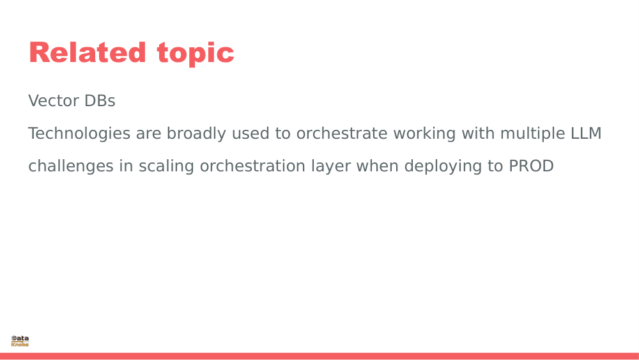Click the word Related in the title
(x=87, y=52)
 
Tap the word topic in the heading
(x=196, y=54)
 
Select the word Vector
(x=54, y=100)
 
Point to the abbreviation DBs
(x=100, y=100)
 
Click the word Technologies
(x=79, y=134)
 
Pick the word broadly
(x=196, y=134)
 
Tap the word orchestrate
(x=341, y=133)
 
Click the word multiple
(x=532, y=134)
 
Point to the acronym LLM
(x=585, y=133)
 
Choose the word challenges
(x=71, y=166)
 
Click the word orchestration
(x=252, y=166)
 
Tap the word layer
(x=331, y=166)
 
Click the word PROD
(x=531, y=166)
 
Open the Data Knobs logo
(x=20, y=341)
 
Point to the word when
(x=378, y=166)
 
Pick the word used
(x=250, y=133)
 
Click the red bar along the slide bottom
(x=319, y=356)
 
